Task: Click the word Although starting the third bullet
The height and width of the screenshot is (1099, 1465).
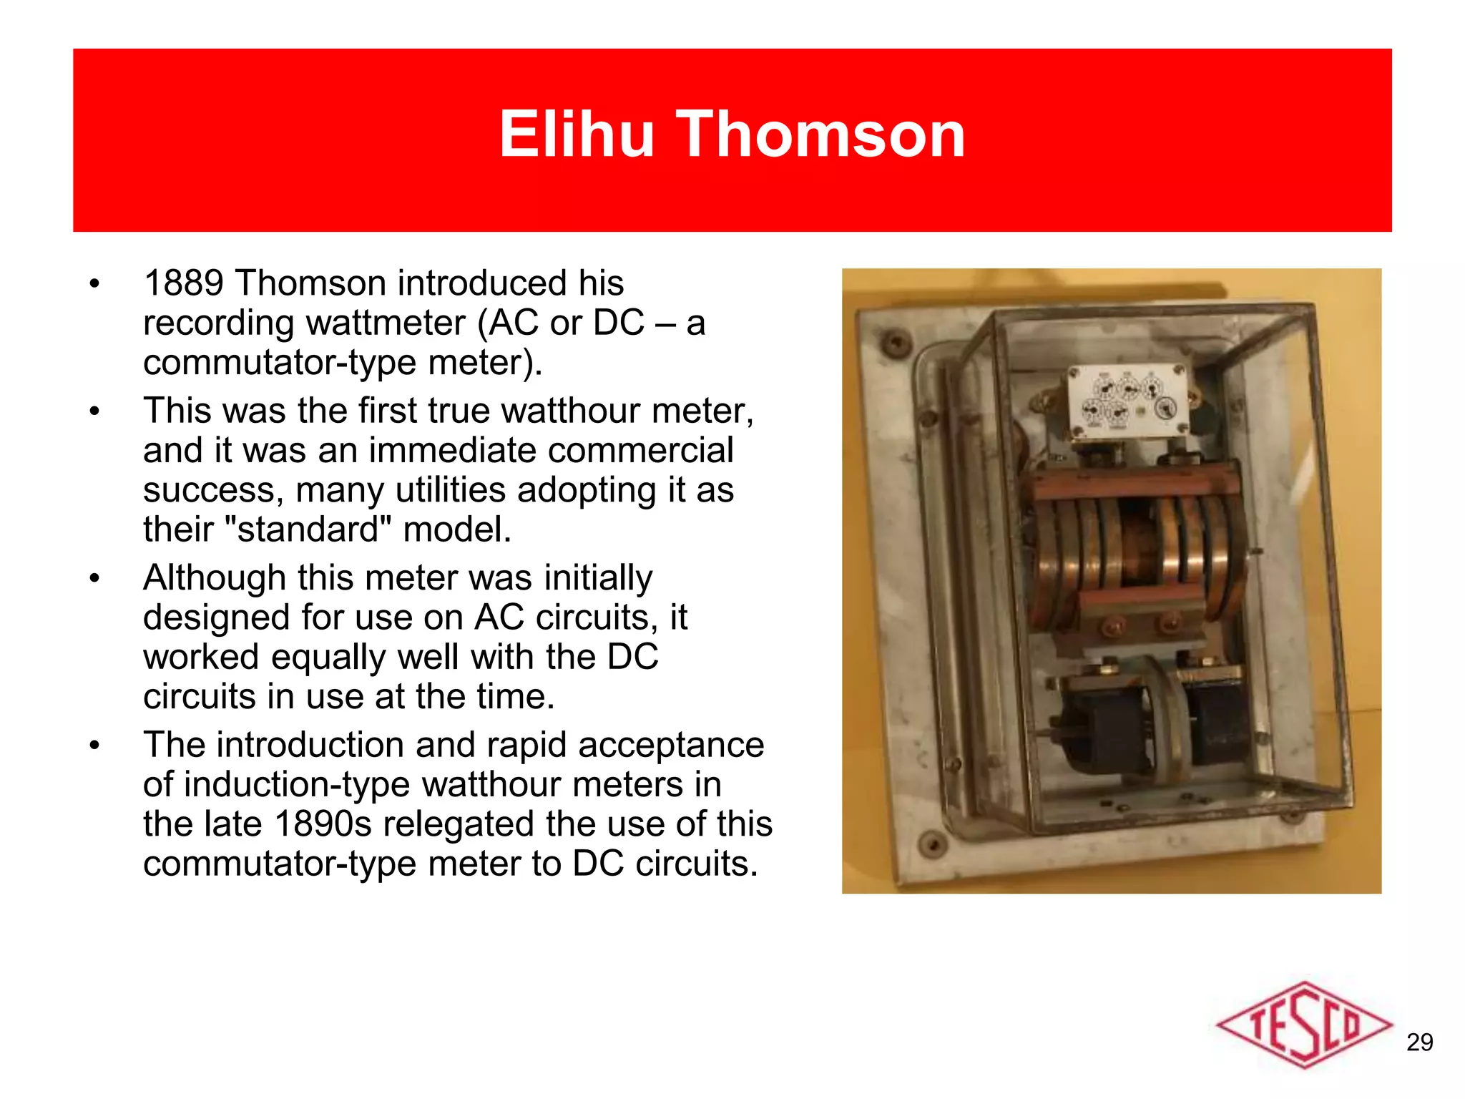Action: click(213, 578)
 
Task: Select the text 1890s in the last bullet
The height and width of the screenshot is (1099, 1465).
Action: click(323, 824)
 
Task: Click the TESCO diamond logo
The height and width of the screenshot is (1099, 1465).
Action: click(1303, 1025)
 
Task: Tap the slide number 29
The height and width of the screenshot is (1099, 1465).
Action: click(1419, 1042)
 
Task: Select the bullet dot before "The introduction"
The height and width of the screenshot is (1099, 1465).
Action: click(94, 746)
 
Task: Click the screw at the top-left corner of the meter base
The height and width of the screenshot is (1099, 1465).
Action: click(895, 341)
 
